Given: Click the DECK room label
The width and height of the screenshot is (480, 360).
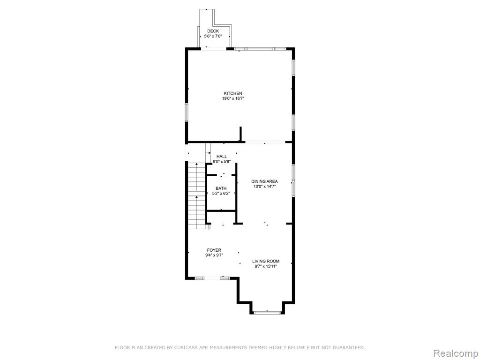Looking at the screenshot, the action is (x=213, y=31).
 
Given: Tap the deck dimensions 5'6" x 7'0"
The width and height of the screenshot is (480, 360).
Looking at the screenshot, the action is (x=213, y=36).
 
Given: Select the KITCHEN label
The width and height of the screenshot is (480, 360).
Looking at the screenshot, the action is (x=233, y=93).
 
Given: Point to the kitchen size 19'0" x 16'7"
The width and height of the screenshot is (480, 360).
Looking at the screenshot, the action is (x=233, y=98).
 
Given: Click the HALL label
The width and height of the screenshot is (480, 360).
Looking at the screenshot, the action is (x=222, y=157).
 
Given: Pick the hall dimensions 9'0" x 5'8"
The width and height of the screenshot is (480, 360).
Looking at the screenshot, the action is (x=222, y=162).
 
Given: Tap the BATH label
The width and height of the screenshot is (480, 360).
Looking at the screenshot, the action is (x=221, y=188).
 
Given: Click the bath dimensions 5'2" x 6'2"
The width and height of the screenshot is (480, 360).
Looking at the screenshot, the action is (x=221, y=194).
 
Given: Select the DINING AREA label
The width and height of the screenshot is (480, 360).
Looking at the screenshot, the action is (x=264, y=181).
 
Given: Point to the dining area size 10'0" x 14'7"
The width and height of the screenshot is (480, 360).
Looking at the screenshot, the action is (x=264, y=187).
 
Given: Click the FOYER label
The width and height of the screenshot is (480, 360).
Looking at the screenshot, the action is (x=214, y=250).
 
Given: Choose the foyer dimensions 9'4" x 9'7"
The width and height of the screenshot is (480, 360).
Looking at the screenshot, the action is (x=214, y=255).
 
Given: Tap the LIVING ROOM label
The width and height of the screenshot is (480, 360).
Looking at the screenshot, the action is (x=266, y=261).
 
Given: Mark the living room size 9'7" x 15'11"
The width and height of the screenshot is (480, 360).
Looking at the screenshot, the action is (x=266, y=266).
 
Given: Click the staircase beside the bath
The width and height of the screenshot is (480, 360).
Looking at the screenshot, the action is (x=196, y=196).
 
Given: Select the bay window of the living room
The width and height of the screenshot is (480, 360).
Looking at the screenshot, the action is (x=267, y=313).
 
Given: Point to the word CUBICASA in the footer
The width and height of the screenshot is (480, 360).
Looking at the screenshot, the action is (x=183, y=347).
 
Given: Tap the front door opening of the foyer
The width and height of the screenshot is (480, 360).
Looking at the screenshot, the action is (x=212, y=278).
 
